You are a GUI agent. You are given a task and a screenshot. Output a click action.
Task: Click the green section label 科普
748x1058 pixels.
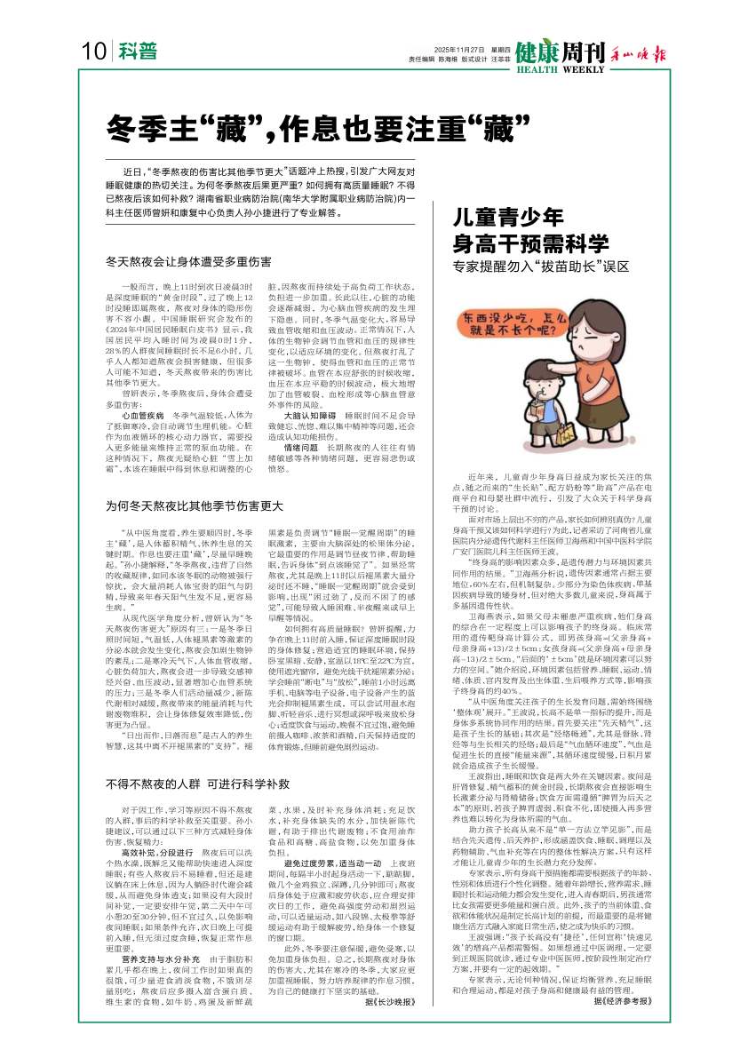(x=135, y=52)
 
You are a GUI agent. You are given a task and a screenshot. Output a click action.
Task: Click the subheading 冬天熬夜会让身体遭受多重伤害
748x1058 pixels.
(x=187, y=262)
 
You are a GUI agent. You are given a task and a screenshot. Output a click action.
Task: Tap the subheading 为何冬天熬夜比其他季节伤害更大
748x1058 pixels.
(x=194, y=505)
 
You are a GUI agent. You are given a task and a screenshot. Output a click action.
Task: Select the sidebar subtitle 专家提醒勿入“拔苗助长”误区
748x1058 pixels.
(x=546, y=266)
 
